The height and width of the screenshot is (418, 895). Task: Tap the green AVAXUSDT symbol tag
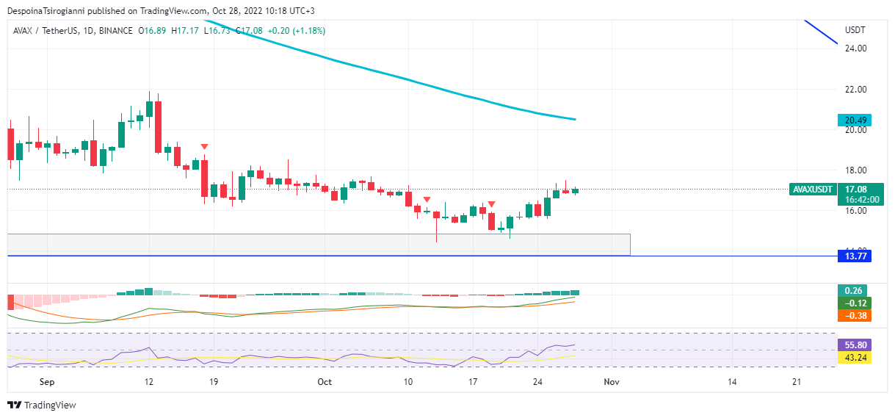coord(814,190)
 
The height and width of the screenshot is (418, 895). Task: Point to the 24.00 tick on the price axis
coord(856,48)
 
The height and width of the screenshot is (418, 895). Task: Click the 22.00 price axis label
coord(856,90)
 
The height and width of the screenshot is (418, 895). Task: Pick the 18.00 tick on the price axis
coord(856,170)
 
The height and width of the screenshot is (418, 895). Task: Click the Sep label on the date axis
coord(47,382)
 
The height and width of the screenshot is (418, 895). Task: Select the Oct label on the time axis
coord(325,382)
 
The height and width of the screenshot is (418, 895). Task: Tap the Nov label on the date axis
coord(611,382)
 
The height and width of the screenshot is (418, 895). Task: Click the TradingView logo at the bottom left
coord(42,405)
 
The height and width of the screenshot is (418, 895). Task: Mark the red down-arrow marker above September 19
coord(204,148)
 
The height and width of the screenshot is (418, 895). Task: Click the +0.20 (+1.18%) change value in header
coord(296,31)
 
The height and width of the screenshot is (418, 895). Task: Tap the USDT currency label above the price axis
coord(855,30)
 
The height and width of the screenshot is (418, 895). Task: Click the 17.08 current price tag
coord(856,190)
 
